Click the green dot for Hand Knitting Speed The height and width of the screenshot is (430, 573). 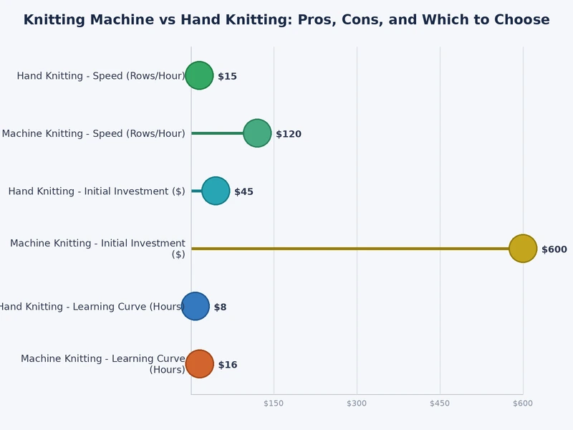click(x=199, y=75)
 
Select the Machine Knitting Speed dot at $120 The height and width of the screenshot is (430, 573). click(x=257, y=133)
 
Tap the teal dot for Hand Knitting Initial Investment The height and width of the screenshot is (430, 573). click(x=216, y=191)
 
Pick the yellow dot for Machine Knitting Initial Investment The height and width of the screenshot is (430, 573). click(x=523, y=249)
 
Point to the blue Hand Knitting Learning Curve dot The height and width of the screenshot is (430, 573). click(x=196, y=306)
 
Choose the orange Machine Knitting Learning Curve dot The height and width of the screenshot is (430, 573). click(x=200, y=364)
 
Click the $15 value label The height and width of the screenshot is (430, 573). click(x=227, y=77)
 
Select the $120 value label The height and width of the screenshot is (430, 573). click(x=289, y=134)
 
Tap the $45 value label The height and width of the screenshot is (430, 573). click(x=244, y=192)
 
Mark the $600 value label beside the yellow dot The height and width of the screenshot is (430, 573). click(x=554, y=249)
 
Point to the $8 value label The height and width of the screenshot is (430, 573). click(x=220, y=307)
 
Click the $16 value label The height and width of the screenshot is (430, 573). click(x=228, y=365)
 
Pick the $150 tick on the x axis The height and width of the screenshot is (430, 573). click(x=274, y=403)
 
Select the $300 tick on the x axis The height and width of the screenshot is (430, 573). click(x=357, y=403)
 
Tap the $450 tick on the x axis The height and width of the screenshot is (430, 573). click(x=440, y=403)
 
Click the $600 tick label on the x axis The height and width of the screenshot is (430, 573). click(x=523, y=403)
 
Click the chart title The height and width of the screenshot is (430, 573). click(x=286, y=20)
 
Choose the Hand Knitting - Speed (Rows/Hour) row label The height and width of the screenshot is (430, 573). click(x=101, y=76)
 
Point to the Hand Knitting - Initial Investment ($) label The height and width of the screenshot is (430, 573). click(x=97, y=191)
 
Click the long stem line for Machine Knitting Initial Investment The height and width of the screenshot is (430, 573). click(x=351, y=249)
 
